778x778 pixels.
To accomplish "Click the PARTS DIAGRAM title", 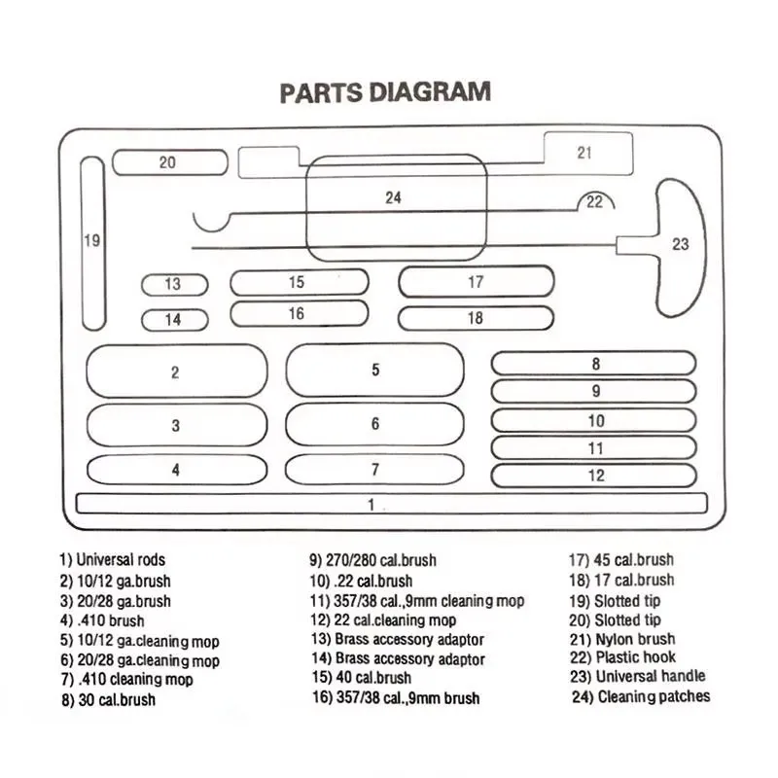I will point(385,93).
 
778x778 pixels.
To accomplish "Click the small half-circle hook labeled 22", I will point(594,202).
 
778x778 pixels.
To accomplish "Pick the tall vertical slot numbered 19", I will point(92,241).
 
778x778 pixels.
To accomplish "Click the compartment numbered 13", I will point(174,285).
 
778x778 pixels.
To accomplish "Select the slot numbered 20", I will point(169,162).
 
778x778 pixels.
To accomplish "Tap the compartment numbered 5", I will point(375,370).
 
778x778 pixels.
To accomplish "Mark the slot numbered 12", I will point(594,476).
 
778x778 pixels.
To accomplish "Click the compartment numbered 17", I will point(476,282).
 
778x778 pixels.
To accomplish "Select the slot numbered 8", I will point(594,364).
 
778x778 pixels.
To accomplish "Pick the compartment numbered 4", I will point(176,469).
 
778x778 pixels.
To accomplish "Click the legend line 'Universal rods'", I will point(113,560).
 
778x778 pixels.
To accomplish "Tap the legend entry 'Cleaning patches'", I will point(641,696).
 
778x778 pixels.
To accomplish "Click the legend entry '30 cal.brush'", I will point(107,699).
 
